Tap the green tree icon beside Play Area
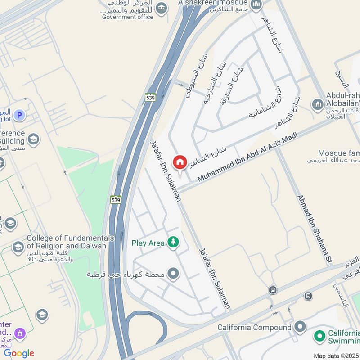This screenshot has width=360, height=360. [173, 243]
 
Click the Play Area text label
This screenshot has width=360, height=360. [148, 243]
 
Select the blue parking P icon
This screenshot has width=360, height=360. [19, 116]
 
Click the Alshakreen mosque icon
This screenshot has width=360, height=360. [256, 5]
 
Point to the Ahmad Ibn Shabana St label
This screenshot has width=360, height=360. [314, 229]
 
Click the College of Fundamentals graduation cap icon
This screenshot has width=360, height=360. [18, 247]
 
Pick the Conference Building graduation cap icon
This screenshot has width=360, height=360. [32, 139]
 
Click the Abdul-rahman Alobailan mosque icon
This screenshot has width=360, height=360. [318, 104]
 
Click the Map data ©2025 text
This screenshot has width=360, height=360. [336, 355]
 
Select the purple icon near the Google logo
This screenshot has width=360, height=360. [19, 333]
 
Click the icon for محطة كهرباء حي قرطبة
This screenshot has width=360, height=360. [173, 273]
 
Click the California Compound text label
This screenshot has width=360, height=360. [254, 327]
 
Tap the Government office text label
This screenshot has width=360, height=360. [128, 17]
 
